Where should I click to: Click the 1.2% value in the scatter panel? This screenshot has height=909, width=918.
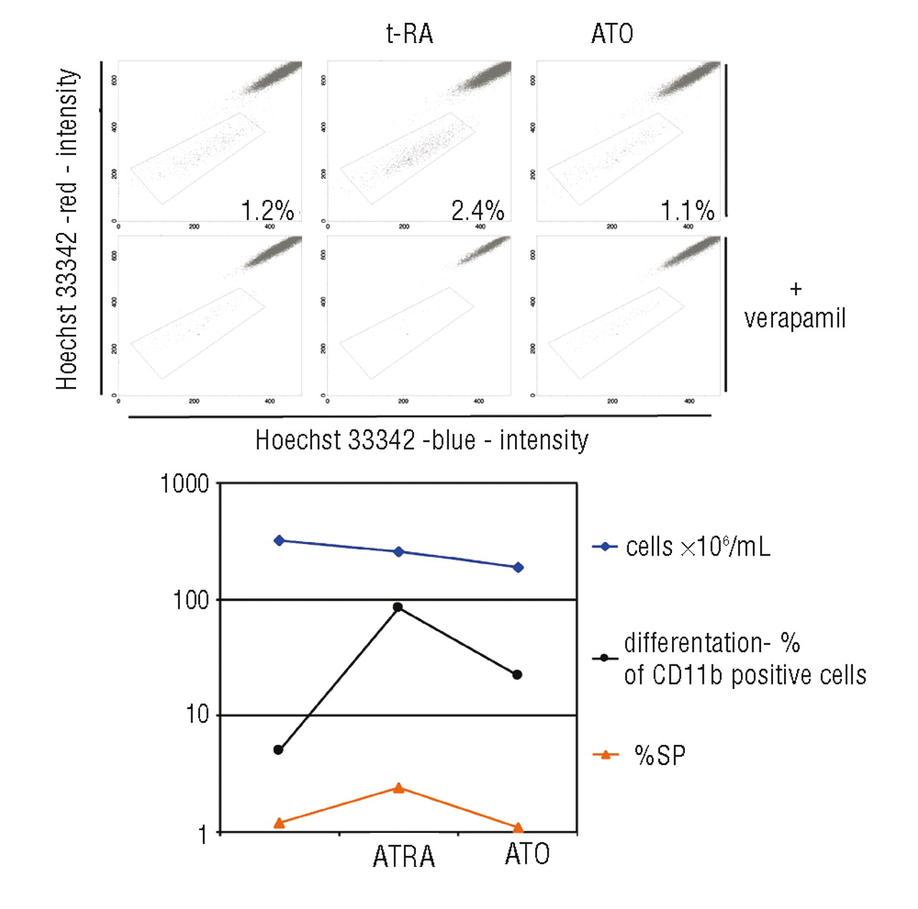[267, 211]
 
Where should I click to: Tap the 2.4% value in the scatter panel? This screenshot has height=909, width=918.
[477, 211]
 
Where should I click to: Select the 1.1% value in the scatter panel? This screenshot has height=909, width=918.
[687, 211]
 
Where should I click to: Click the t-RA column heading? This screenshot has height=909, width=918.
[410, 34]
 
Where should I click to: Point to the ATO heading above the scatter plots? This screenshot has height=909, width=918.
[612, 34]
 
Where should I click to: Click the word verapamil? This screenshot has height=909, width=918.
[795, 318]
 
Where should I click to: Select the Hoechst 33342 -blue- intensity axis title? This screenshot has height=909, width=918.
[422, 439]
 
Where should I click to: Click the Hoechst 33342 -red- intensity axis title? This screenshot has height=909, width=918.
[67, 229]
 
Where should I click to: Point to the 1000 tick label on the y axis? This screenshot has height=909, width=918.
[184, 484]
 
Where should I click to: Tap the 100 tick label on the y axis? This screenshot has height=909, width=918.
[191, 599]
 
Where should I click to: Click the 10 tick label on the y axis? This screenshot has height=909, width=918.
[197, 715]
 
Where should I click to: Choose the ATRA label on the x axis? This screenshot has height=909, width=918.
[404, 857]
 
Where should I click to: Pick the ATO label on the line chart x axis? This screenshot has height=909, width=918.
[527, 854]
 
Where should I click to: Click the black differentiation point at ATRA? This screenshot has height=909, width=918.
[398, 607]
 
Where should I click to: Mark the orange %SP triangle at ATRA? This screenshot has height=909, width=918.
[399, 788]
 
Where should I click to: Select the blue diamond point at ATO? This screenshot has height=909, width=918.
[518, 567]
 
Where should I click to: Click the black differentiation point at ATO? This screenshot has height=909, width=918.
[517, 675]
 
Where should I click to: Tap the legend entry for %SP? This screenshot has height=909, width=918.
[659, 755]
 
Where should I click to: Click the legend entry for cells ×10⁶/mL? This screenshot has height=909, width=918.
[697, 547]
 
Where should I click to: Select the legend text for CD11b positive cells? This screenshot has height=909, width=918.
[744, 675]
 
